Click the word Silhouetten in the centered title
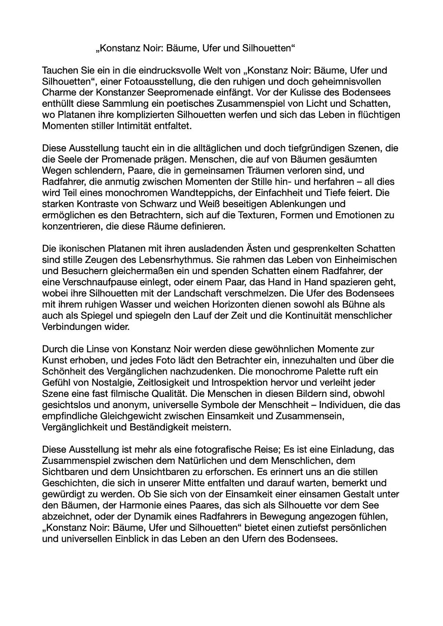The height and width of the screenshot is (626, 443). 267,48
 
